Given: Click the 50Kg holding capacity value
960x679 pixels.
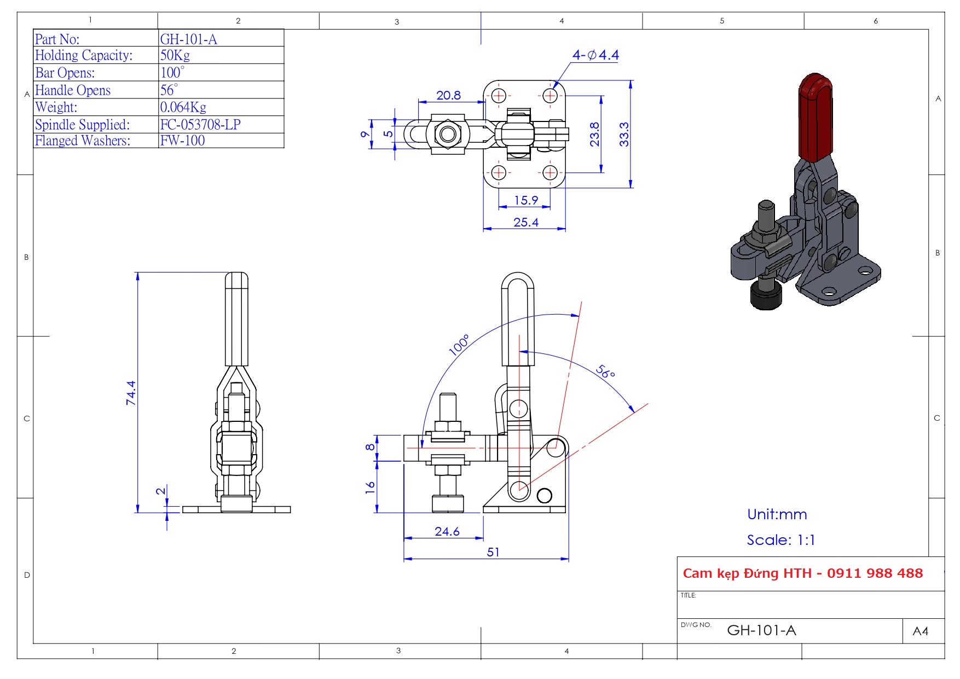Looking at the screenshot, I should point(175,55).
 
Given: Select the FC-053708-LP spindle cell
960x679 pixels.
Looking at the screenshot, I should point(200,125).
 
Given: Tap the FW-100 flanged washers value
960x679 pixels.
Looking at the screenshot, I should point(182,141).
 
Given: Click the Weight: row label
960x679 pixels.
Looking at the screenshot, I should point(56,107).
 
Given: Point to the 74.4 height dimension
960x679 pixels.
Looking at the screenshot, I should point(131,393).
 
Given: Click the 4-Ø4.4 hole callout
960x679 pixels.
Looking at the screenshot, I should point(595,55).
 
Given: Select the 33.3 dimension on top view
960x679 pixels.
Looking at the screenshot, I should point(624,135).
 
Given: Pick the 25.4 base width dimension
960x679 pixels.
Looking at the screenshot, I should point(525,223).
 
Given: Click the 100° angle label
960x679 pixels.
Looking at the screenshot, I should point(459,345).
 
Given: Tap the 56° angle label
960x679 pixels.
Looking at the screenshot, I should point(605,372).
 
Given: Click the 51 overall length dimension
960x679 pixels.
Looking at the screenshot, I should point(493,552).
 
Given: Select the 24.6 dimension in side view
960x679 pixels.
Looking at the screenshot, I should point(447,532).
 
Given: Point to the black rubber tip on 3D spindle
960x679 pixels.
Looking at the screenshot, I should point(766,295).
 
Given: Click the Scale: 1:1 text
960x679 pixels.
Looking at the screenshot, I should point(781,540).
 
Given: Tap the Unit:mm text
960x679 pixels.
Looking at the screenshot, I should point(777,514).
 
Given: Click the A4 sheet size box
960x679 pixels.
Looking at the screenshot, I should point(921,631).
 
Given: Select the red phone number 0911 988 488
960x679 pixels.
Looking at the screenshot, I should point(875,573).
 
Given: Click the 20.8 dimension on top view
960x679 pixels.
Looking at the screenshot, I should point(448,96).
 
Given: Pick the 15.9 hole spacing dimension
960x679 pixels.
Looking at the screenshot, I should point(525,201).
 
